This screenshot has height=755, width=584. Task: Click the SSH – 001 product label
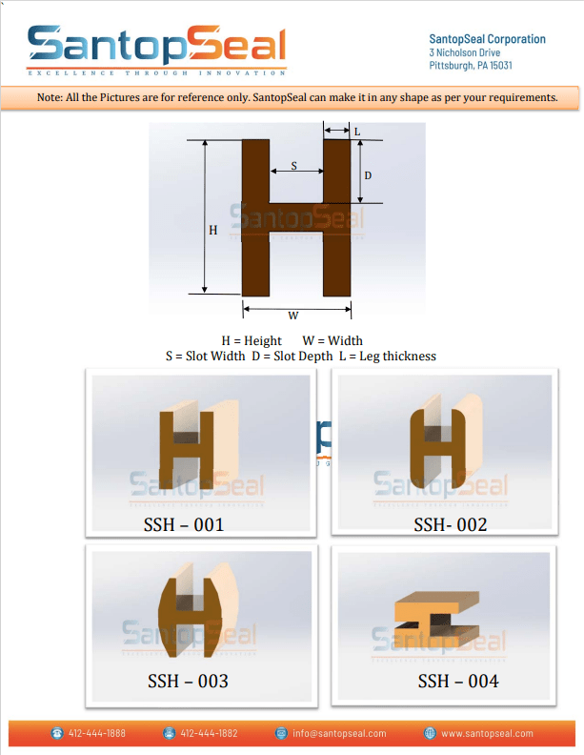183,523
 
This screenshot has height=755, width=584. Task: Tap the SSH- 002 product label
450,524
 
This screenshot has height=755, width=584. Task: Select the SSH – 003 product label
188,681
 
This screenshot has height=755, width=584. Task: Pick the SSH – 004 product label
457,681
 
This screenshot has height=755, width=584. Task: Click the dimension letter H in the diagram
212,230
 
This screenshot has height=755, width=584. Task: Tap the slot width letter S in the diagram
293,166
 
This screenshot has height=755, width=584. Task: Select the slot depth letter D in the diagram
368,176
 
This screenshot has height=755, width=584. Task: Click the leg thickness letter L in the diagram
357,133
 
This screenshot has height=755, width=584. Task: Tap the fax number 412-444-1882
208,733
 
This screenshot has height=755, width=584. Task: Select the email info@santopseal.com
338,733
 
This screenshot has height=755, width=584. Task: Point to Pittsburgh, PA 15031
471,66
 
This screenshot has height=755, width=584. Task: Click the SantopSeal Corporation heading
488,39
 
